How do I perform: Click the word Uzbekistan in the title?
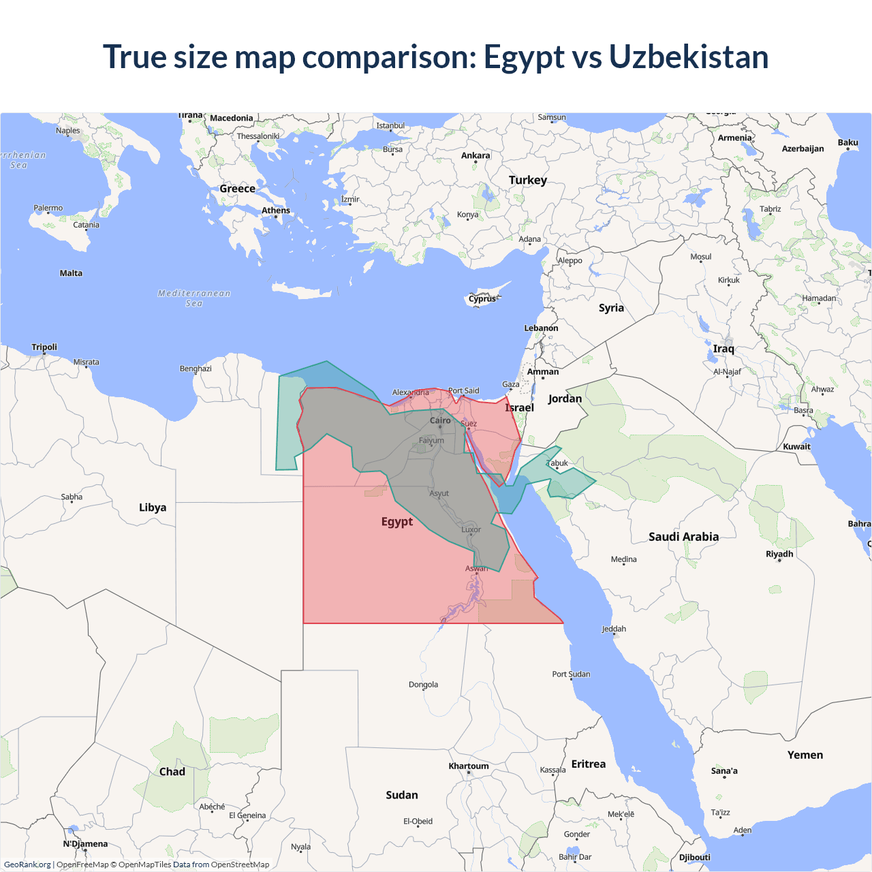689,57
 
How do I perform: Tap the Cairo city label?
440,420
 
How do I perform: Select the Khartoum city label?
469,766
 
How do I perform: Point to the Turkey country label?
528,180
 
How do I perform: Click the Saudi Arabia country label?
683,537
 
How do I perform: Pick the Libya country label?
153,508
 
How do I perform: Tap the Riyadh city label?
779,554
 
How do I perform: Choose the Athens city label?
276,211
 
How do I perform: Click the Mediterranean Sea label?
194,298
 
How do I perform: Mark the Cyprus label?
482,298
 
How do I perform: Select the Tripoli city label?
44,347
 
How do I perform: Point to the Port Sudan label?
571,674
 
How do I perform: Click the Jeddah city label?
614,629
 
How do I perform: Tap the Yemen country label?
805,755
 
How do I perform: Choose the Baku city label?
848,142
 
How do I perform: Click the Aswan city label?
476,568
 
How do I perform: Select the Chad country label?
172,772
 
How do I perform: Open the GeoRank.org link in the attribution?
27,865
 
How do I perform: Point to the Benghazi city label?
196,369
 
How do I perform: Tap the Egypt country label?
397,522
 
